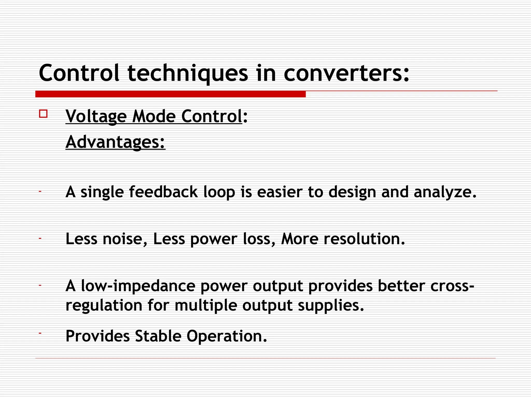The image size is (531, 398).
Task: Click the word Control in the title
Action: pos(79,73)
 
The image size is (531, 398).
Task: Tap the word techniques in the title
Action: pos(188,74)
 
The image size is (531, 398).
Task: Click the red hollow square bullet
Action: pos(43,114)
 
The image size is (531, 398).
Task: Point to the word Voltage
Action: pos(96,116)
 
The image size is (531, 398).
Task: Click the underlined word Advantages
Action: pos(115,142)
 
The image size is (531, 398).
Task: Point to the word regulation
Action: pos(104,305)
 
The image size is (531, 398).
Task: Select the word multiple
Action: pos(206,305)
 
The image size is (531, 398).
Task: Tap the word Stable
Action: pos(158,336)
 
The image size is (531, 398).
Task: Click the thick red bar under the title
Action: pos(170,94)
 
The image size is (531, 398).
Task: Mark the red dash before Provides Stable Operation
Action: pos(40,332)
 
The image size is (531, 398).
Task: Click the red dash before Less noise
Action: pos(40,238)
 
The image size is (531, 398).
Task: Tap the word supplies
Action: pos(331,306)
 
